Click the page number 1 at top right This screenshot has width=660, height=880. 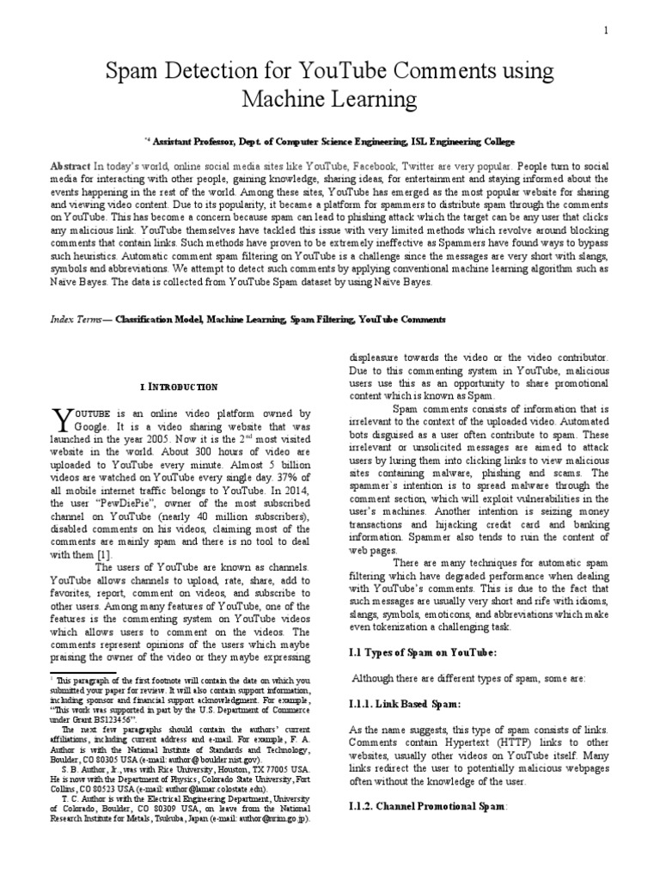coord(606,31)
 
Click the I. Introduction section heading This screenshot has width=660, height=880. coord(179,388)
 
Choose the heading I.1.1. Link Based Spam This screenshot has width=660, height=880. coord(394,704)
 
